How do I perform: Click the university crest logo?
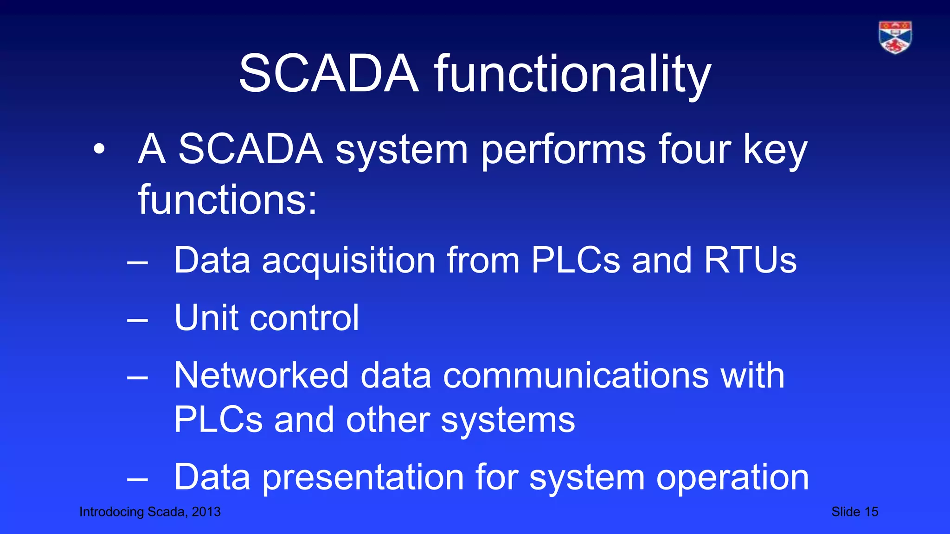tap(895, 37)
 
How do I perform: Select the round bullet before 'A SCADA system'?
tap(99, 149)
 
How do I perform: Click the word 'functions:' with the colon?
tap(227, 200)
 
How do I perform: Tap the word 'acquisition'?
tap(348, 261)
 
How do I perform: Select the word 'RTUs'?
tap(750, 260)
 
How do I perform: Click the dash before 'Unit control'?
tap(137, 319)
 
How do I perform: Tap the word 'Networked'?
tap(261, 375)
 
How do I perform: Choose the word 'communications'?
tap(576, 375)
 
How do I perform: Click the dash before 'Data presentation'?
tap(137, 480)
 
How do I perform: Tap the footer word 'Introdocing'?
tap(111, 512)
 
